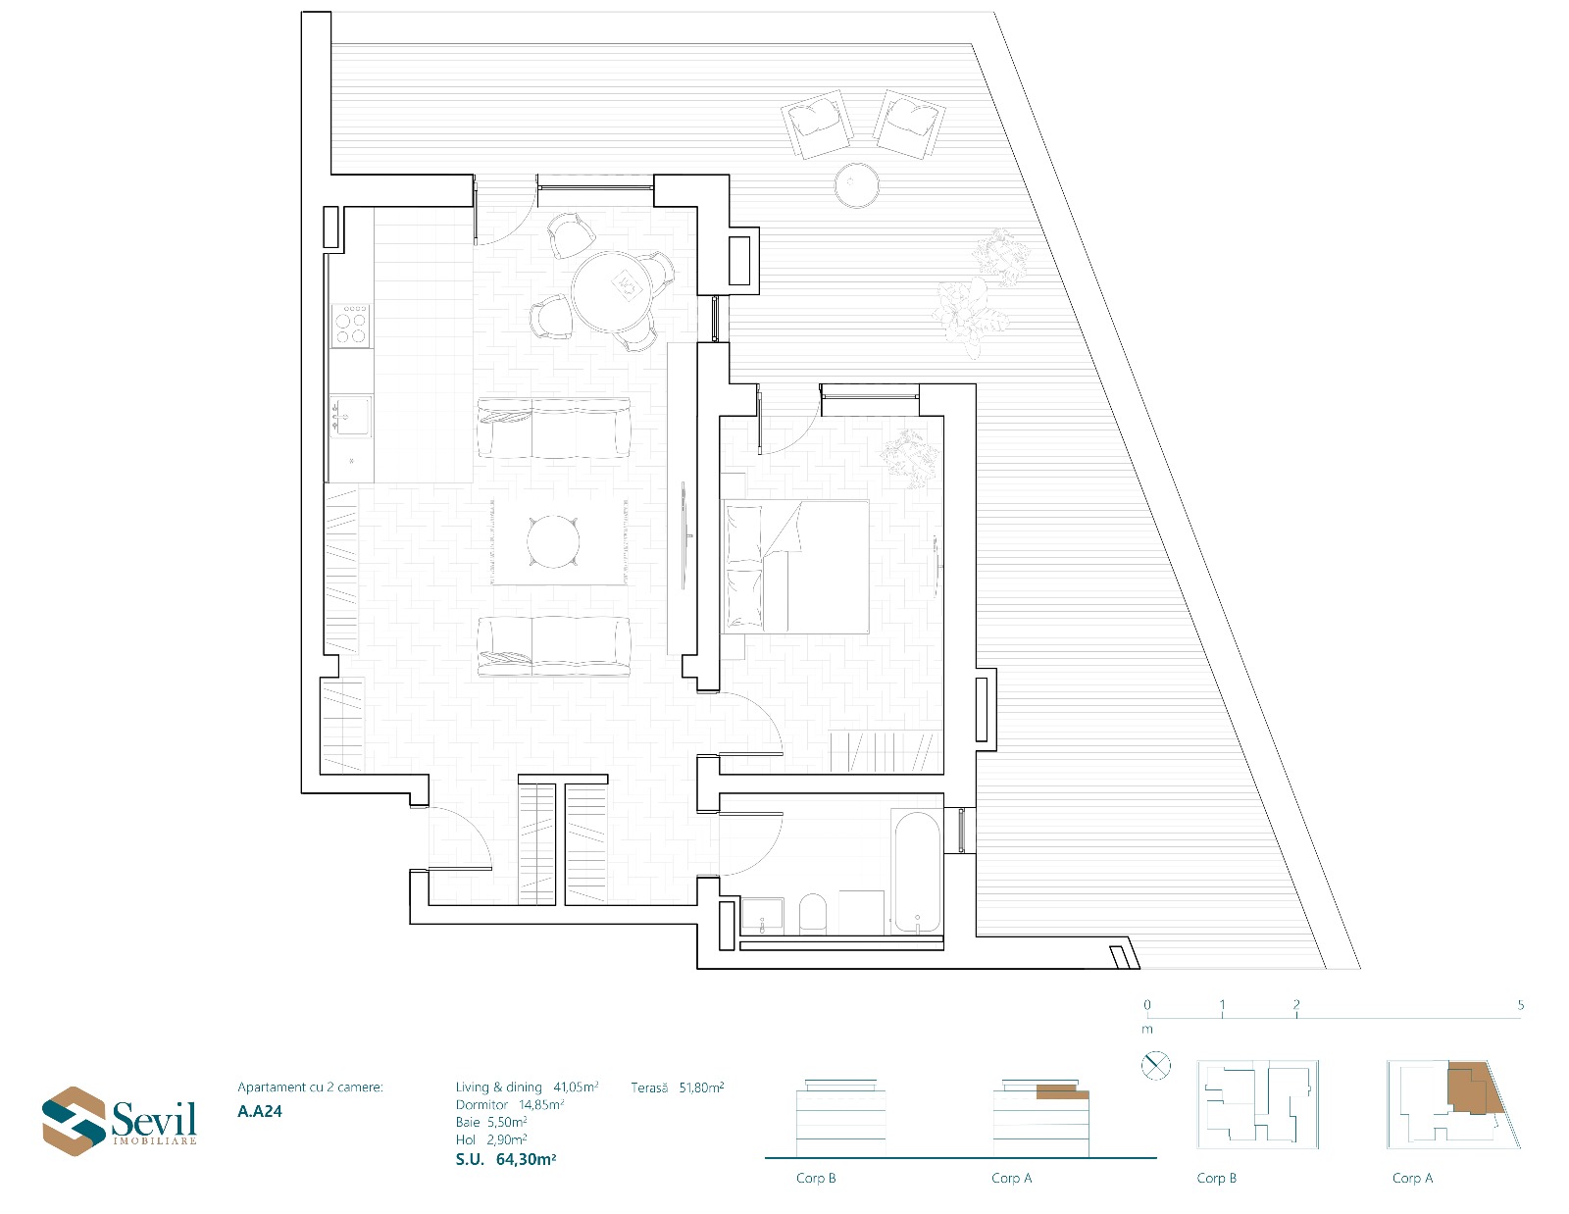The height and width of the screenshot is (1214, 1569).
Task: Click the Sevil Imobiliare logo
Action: pyautogui.click(x=119, y=1120)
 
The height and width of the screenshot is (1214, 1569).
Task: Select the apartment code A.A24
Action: pyautogui.click(x=259, y=1111)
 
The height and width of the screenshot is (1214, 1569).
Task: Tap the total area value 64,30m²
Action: pyautogui.click(x=526, y=1160)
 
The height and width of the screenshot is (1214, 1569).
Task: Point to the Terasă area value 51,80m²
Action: pyautogui.click(x=701, y=1088)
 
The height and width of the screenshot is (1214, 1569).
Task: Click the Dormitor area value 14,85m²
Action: pyautogui.click(x=540, y=1105)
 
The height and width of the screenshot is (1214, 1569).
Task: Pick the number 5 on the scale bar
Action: pyautogui.click(x=1521, y=1005)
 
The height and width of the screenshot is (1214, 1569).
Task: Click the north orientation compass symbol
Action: pyautogui.click(x=1155, y=1065)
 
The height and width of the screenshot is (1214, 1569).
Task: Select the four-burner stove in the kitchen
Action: pyautogui.click(x=351, y=326)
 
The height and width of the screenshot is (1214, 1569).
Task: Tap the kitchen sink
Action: pyautogui.click(x=351, y=417)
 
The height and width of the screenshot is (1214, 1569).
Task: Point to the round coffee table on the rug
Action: pyautogui.click(x=553, y=541)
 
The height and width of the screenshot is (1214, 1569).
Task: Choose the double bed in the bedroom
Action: pyautogui.click(x=795, y=567)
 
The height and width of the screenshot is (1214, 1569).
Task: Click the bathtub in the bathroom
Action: pyautogui.click(x=917, y=873)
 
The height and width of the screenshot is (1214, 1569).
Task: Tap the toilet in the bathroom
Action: pyautogui.click(x=812, y=915)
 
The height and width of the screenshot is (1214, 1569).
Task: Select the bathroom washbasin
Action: pyautogui.click(x=762, y=916)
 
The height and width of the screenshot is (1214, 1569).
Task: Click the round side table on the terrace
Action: pyautogui.click(x=856, y=184)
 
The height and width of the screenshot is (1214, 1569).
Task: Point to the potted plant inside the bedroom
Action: pyautogui.click(x=910, y=457)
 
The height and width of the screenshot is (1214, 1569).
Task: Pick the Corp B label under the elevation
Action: pyautogui.click(x=816, y=1178)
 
